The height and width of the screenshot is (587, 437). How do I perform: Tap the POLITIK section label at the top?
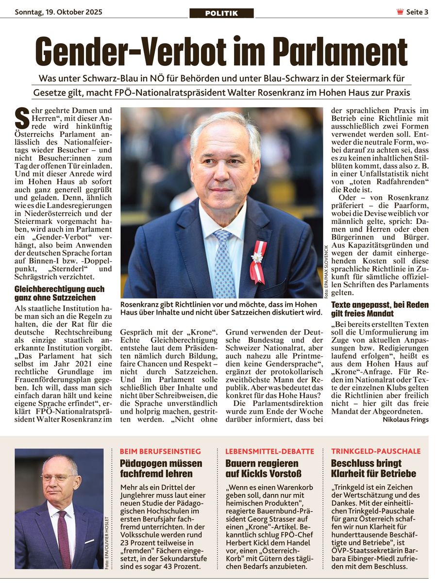pos(221,13)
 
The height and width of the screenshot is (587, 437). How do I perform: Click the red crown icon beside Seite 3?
pos(400,12)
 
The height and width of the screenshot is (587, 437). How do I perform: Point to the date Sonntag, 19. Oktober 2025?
pos(58,12)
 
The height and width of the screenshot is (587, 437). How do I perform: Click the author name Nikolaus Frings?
pos(405,419)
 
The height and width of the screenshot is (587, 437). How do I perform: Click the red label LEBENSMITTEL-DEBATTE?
pos(270,451)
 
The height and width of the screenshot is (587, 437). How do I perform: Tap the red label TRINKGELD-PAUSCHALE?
pos(376,451)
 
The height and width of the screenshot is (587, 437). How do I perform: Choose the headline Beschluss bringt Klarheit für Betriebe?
pos(373,469)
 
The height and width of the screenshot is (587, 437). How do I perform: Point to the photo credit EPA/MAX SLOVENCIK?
pos(326,272)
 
